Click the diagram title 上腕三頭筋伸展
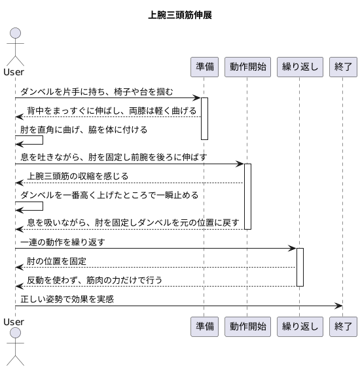click(179, 15)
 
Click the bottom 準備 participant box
click(204, 326)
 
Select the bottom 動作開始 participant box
click(247, 326)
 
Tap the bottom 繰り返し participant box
click(300, 326)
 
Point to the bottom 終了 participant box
click(343, 326)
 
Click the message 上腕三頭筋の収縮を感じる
click(77, 176)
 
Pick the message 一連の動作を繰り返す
click(63, 242)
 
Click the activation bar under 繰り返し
click(300, 267)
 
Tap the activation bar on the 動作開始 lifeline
click(247, 196)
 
